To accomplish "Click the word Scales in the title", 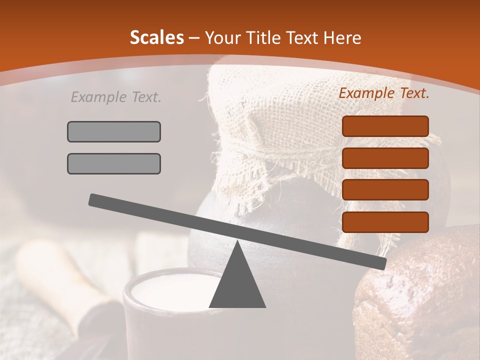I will pyautogui.click(x=156, y=37).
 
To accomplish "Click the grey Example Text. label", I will pyautogui.click(x=116, y=97).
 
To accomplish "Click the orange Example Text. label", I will pyautogui.click(x=384, y=93).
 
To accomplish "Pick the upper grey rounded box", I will pyautogui.click(x=114, y=131).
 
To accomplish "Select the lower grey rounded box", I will pyautogui.click(x=114, y=163).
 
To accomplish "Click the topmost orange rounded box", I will pyautogui.click(x=385, y=126).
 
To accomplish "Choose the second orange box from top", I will pyautogui.click(x=385, y=158).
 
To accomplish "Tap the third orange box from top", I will pyautogui.click(x=385, y=190).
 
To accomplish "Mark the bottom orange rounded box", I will pyautogui.click(x=385, y=222).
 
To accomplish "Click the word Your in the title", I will pyautogui.click(x=222, y=37).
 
